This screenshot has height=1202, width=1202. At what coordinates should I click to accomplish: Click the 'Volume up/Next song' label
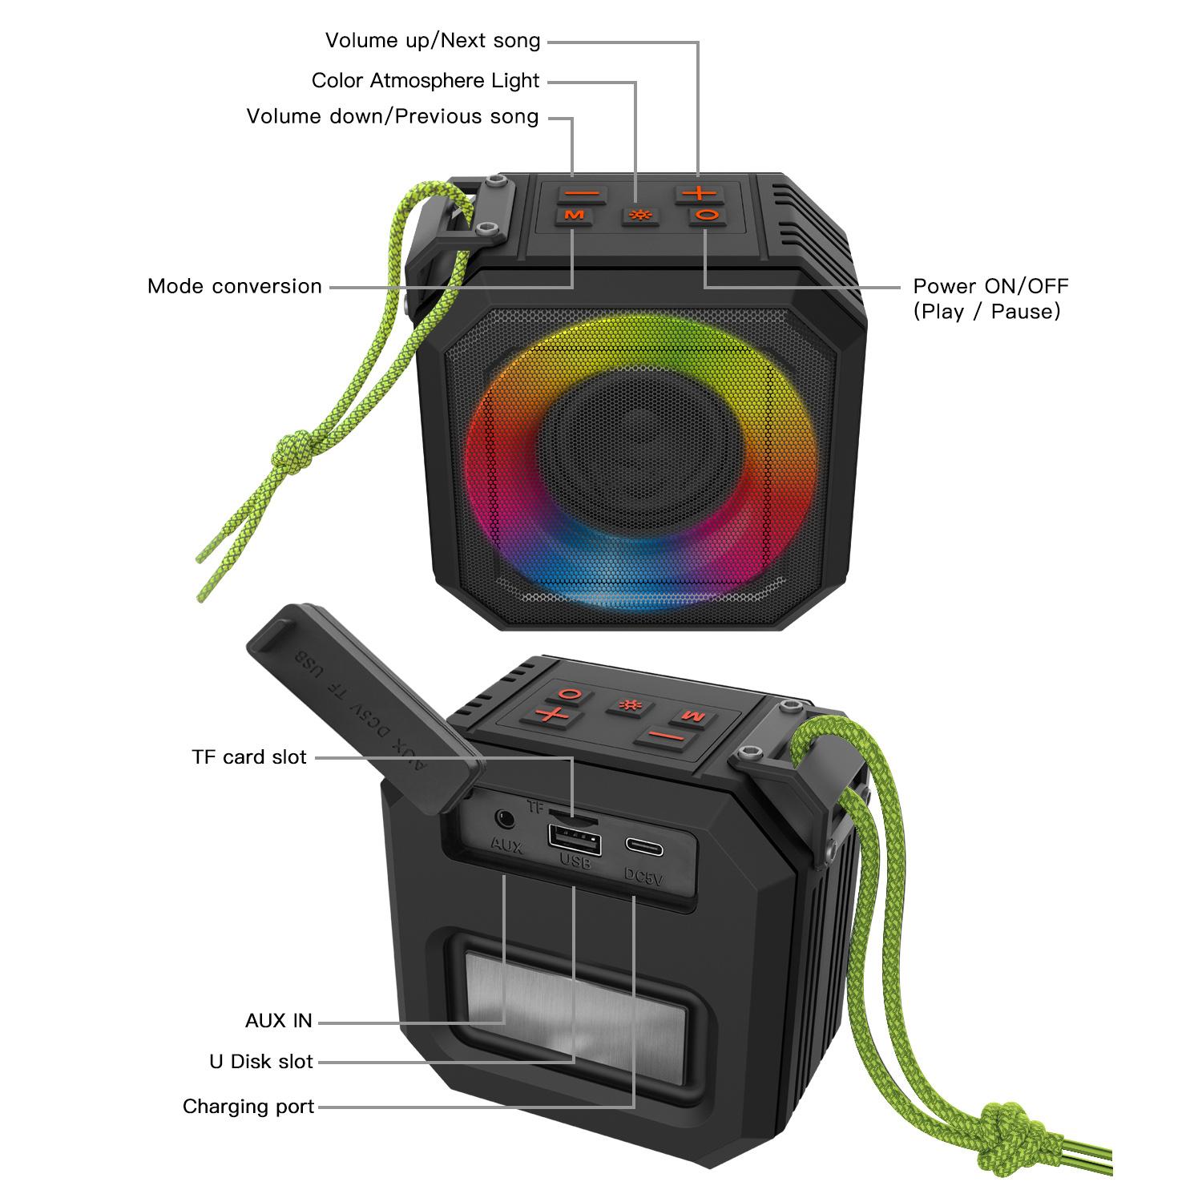click(433, 41)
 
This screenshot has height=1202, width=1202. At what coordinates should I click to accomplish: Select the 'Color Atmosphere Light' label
click(426, 81)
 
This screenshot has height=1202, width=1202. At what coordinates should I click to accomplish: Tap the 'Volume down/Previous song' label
click(393, 117)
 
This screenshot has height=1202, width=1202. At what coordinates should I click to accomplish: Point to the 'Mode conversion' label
click(234, 287)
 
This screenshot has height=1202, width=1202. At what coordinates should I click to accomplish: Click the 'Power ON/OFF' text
click(990, 286)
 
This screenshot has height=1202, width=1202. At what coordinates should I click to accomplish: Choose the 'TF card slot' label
click(249, 757)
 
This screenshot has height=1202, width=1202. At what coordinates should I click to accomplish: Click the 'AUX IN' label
click(278, 1021)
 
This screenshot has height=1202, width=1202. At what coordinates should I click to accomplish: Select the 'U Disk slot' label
click(261, 1062)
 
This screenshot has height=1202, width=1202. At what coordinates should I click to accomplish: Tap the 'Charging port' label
click(248, 1107)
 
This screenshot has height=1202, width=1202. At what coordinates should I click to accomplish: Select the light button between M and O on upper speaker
click(639, 216)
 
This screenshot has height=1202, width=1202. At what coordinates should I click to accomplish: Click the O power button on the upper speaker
click(706, 215)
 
